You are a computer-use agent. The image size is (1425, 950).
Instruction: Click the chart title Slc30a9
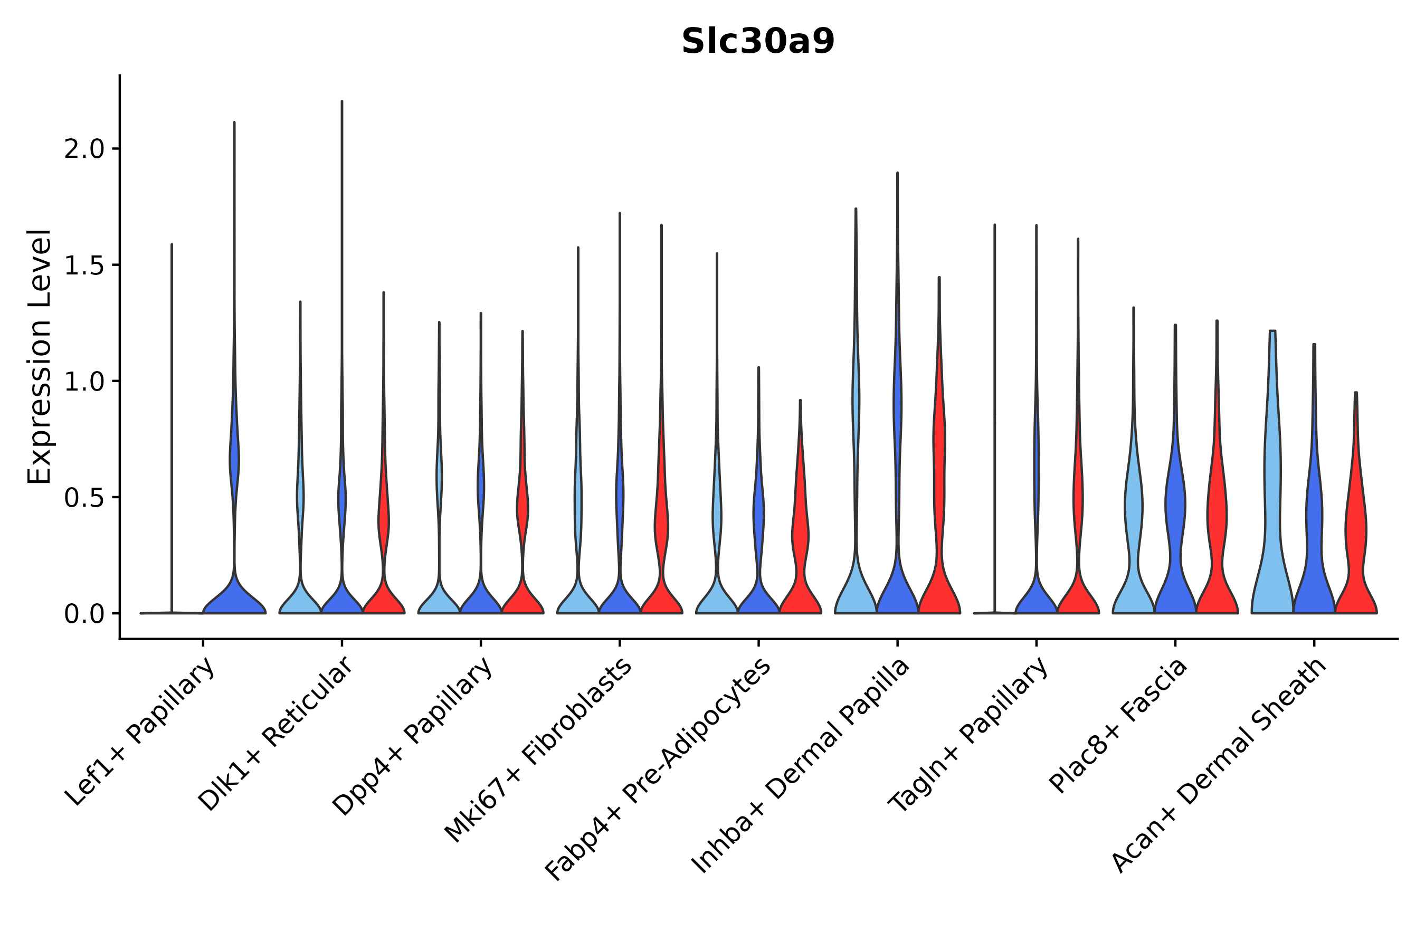coord(757,42)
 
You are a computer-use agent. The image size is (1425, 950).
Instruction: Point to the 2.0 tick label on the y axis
coord(84,149)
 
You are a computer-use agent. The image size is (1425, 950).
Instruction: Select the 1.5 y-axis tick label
coord(84,265)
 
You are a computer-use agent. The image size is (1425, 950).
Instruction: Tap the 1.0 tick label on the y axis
coord(84,382)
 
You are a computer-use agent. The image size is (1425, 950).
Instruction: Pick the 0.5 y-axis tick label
coord(84,498)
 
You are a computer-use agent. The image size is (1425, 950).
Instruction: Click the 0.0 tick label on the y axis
coord(84,614)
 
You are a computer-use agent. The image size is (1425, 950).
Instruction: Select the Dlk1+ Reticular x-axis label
coord(275,734)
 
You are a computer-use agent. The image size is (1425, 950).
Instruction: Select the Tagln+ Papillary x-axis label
coord(968,734)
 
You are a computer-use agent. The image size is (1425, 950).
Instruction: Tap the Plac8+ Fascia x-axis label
coord(1118,726)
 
